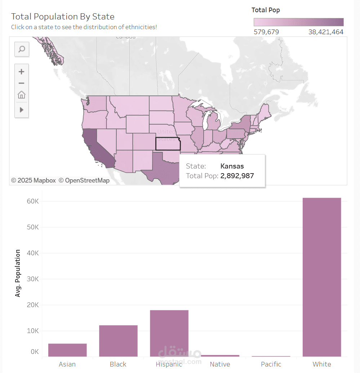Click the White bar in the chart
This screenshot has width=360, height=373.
(x=321, y=277)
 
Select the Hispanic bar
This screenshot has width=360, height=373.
(x=169, y=333)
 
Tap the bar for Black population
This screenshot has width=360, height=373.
(x=118, y=341)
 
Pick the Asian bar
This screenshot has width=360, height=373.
(x=67, y=350)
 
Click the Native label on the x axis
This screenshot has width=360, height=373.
(x=220, y=364)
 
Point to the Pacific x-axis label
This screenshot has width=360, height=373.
(x=271, y=364)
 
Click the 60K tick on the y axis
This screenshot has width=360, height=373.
(x=33, y=201)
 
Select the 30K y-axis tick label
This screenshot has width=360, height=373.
(x=33, y=279)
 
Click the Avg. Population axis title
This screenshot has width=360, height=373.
(x=18, y=273)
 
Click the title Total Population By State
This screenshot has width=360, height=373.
(x=63, y=17)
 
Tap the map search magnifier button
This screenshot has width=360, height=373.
(x=22, y=49)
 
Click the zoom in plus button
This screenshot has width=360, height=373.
(x=22, y=72)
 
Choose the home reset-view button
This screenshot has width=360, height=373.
(x=22, y=95)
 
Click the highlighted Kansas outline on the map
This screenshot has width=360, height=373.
(x=168, y=144)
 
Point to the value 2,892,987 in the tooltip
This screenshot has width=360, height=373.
(x=237, y=176)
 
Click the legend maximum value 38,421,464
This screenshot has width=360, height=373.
(x=325, y=32)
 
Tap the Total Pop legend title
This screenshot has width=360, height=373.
(x=266, y=10)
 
